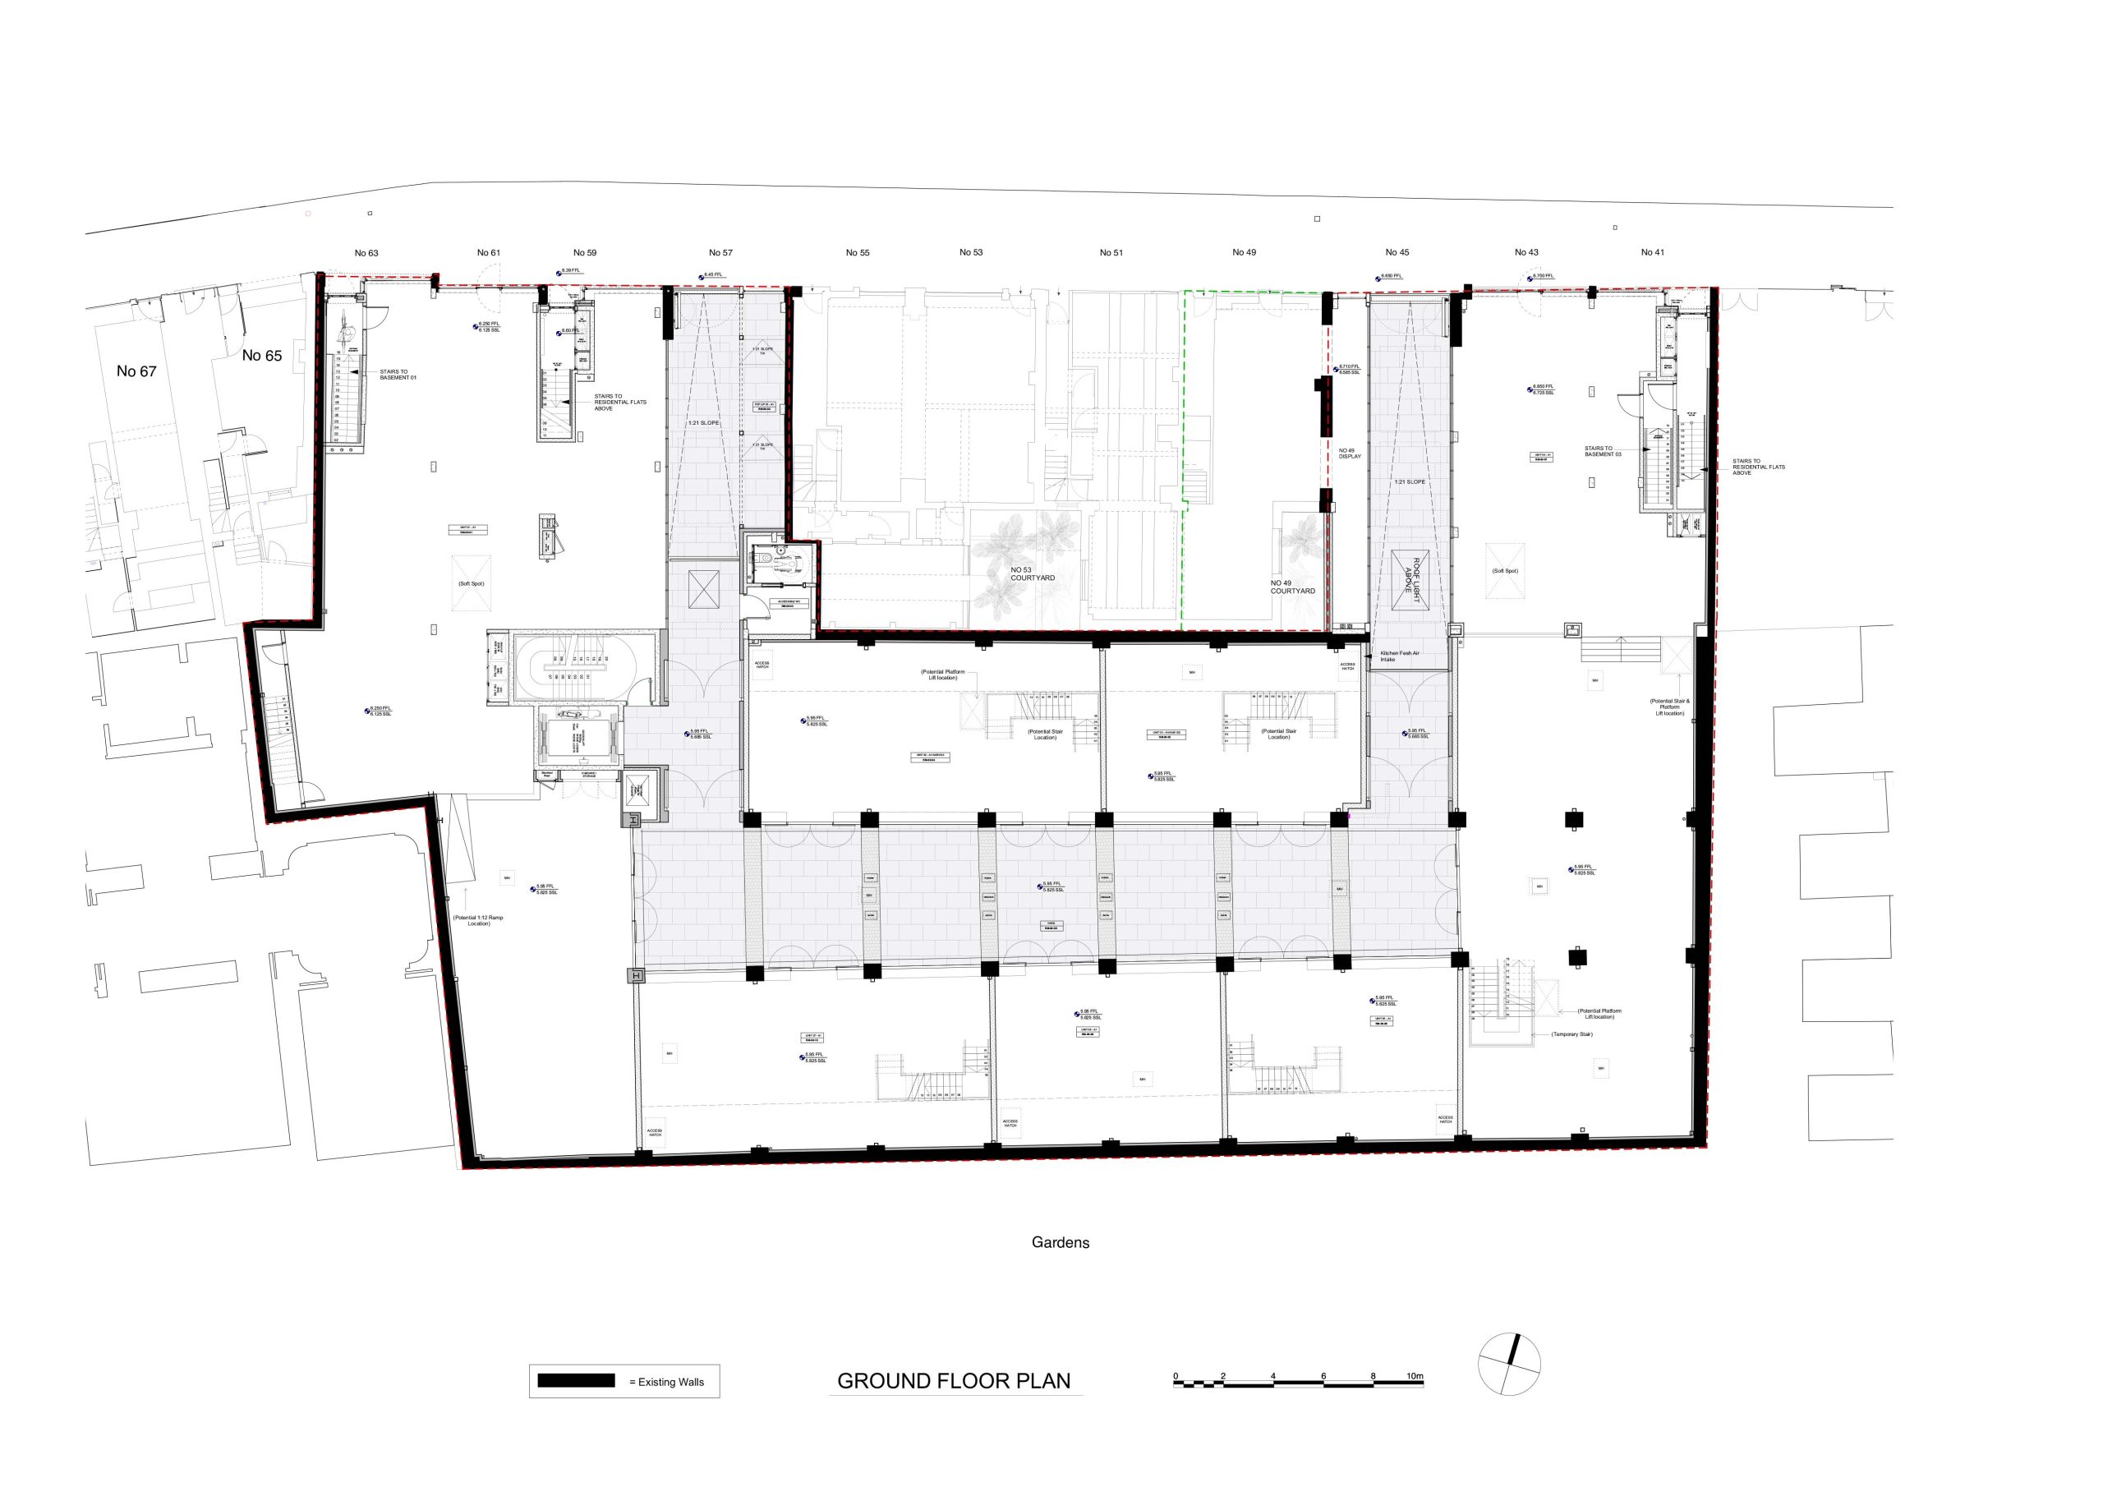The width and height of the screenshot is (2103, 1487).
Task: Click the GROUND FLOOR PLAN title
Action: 954,1381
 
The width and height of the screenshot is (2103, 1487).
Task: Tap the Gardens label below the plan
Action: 1060,1243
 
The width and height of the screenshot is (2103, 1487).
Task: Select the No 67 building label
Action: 136,371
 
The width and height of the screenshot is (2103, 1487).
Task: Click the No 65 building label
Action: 262,356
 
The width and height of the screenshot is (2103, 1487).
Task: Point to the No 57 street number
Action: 720,253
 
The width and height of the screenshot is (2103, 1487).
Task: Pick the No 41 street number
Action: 1652,253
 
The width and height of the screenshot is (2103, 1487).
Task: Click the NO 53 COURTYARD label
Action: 1033,574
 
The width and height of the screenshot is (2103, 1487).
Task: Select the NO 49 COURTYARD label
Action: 1292,587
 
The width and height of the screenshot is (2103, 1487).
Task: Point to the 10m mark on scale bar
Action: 1415,1376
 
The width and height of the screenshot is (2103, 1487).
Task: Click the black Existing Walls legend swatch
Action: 576,1381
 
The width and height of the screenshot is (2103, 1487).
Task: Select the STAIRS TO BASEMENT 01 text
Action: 398,375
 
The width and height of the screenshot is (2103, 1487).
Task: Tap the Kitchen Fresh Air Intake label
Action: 1400,656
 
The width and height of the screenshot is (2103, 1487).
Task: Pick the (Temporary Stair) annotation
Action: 1571,1034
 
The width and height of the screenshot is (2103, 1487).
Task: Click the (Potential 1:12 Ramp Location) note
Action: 478,921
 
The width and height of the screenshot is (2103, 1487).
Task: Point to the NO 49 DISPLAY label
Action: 1350,453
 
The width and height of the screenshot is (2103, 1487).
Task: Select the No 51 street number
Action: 1111,253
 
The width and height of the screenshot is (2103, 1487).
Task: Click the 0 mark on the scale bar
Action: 1176,1376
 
